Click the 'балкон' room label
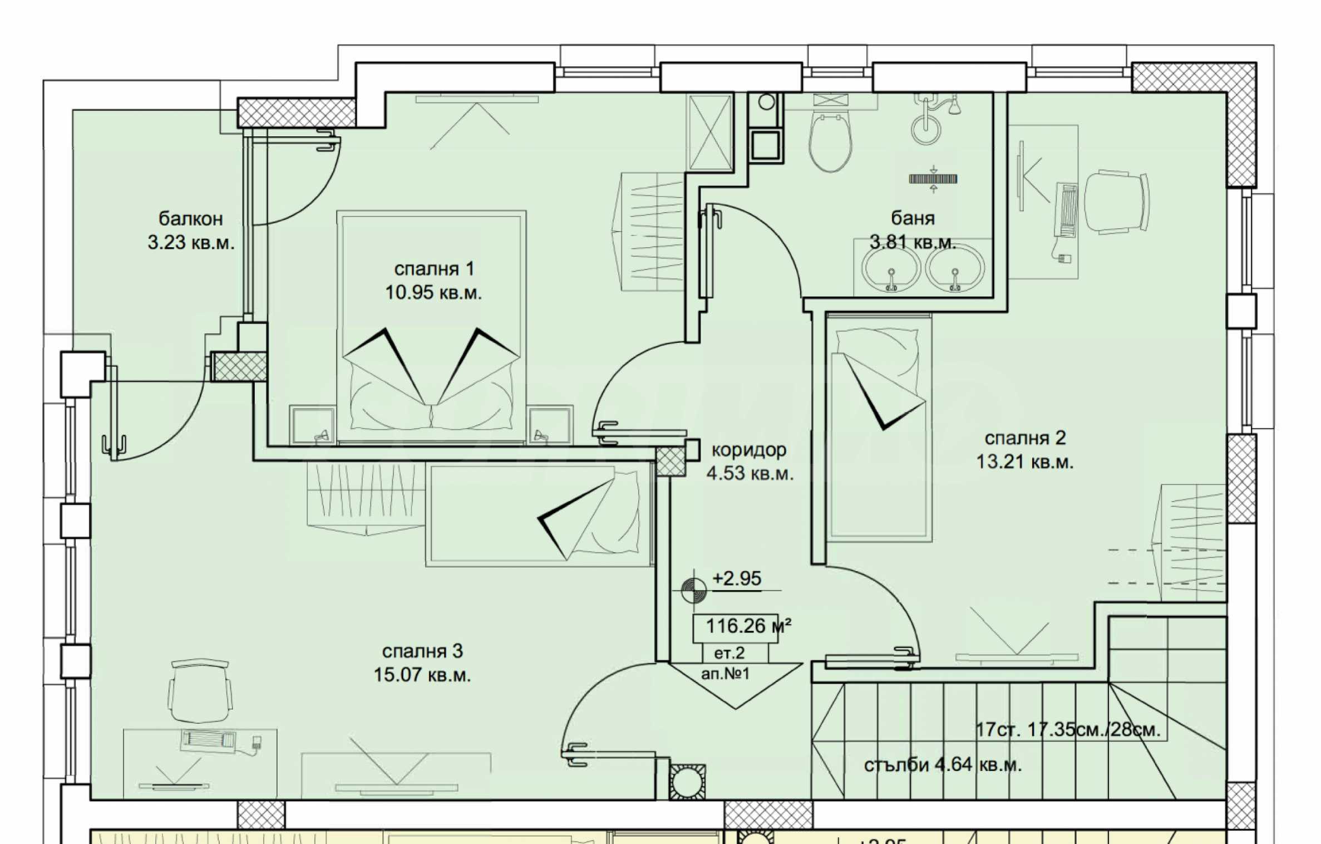click(x=191, y=219)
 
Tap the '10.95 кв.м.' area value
click(x=433, y=292)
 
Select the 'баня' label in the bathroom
click(x=913, y=218)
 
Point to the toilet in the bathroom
click(x=831, y=142)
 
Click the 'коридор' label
click(x=749, y=450)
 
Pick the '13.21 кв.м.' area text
click(x=1025, y=462)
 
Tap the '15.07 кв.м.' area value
click(x=422, y=675)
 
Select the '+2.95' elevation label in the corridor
click(x=737, y=578)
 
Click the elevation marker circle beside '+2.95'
click(x=694, y=590)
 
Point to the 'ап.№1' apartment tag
click(x=726, y=674)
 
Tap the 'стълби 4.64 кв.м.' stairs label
click(x=943, y=766)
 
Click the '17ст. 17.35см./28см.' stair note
click(x=1068, y=729)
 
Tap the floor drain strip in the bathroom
click(x=933, y=179)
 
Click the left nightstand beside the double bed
click(x=312, y=425)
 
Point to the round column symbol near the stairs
click(x=687, y=782)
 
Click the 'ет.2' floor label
click(x=729, y=652)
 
